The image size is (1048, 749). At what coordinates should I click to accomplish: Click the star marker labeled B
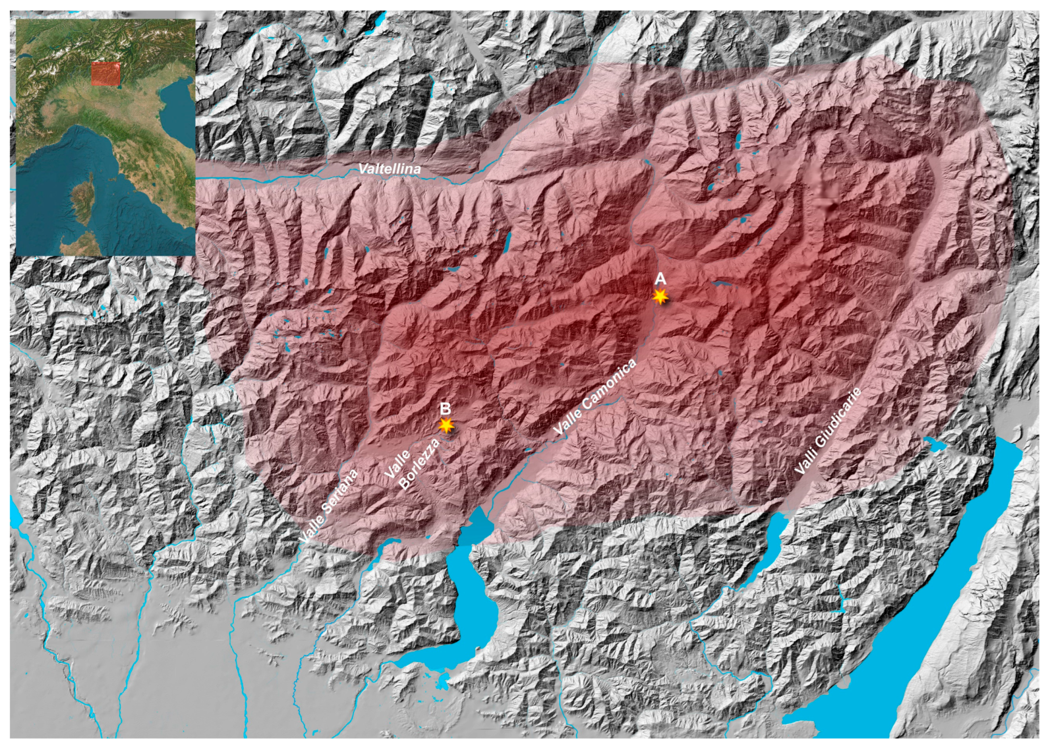click(446, 425)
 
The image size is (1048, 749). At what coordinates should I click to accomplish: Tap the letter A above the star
click(660, 279)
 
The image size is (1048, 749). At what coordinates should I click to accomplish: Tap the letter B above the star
click(445, 408)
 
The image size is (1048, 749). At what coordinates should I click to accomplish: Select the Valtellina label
click(389, 169)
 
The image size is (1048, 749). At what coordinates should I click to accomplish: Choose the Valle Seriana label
click(328, 506)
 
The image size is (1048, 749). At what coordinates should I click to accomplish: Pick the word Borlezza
click(420, 464)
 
